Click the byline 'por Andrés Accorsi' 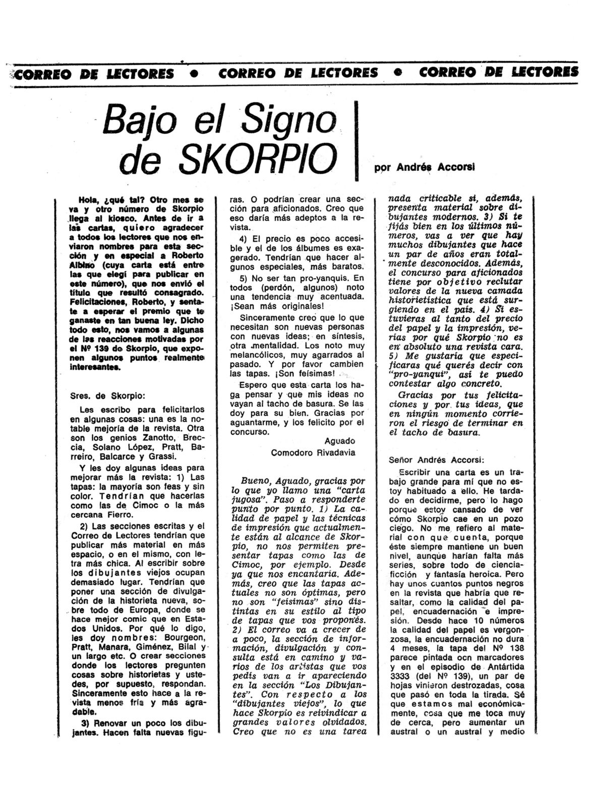pyautogui.click(x=427, y=168)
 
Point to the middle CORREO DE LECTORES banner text pyautogui.click(x=298, y=73)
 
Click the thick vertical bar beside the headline pyautogui.click(x=357, y=141)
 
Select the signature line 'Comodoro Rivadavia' pyautogui.click(x=313, y=452)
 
